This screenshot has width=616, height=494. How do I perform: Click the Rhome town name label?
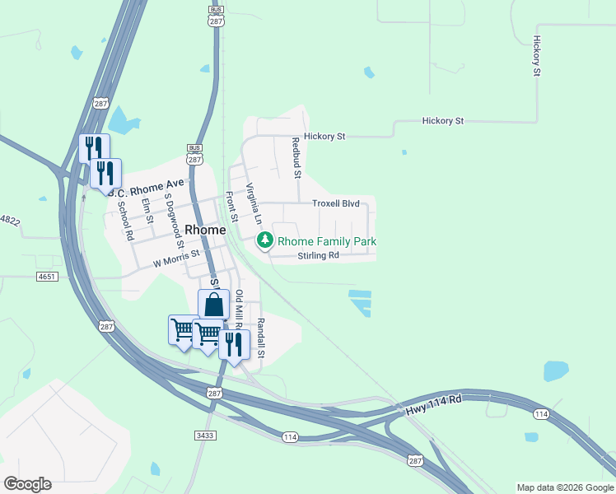pyautogui.click(x=205, y=231)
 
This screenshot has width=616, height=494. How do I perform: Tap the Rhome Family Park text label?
pyautogui.click(x=327, y=241)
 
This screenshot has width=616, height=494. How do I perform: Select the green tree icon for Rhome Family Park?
pyautogui.click(x=265, y=241)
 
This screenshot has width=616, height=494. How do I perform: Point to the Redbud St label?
pyautogui.click(x=296, y=158)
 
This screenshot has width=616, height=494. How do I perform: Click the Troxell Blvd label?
pyautogui.click(x=336, y=203)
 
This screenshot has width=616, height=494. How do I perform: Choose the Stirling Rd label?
pyautogui.click(x=319, y=256)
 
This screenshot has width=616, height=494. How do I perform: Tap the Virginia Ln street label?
pyautogui.click(x=254, y=204)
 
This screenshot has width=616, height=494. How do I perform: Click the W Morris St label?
pyautogui.click(x=177, y=262)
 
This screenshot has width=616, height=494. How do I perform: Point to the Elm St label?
pyautogui.click(x=147, y=211)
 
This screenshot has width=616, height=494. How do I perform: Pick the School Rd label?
pyautogui.click(x=125, y=221)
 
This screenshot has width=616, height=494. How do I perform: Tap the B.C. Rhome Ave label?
pyautogui.click(x=150, y=189)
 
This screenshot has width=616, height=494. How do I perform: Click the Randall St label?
pyautogui.click(x=260, y=338)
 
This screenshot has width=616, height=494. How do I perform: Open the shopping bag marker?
pyautogui.click(x=213, y=305)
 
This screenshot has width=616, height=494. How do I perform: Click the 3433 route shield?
pyautogui.click(x=204, y=435)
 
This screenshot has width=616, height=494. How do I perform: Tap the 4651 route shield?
pyautogui.click(x=47, y=277)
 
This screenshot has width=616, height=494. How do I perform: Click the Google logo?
pyautogui.click(x=27, y=484)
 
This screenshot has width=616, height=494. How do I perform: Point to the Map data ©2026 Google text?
pyautogui.click(x=565, y=487)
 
